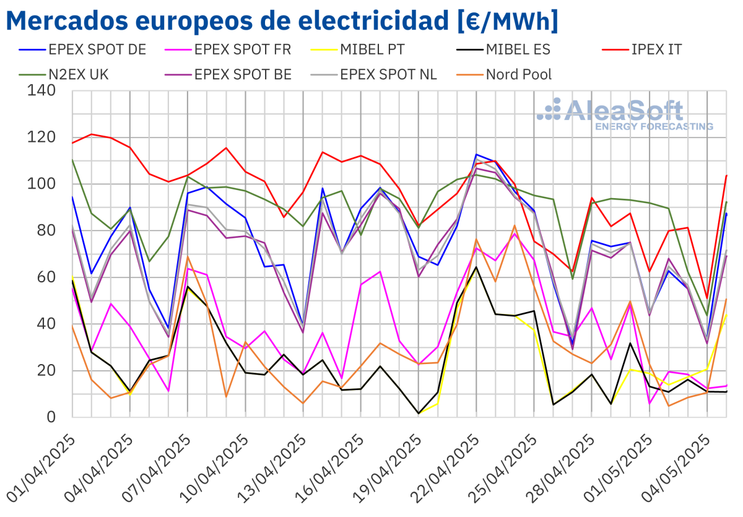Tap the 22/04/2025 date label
tap(446, 467)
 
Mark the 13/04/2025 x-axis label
tap(273, 467)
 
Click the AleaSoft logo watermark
tap(625, 115)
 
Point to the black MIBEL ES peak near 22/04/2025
tap(476, 267)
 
